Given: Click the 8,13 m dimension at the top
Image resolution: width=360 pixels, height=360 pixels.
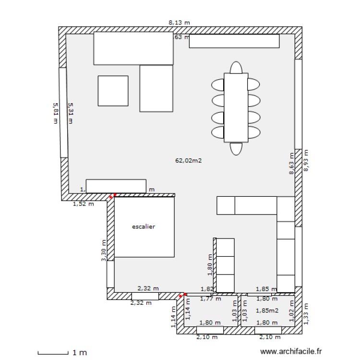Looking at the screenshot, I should pyautogui.click(x=179, y=22).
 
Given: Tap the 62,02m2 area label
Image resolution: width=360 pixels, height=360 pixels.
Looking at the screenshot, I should pyautogui.click(x=188, y=161).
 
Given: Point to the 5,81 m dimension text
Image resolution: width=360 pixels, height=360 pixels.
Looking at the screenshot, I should pyautogui.click(x=55, y=113).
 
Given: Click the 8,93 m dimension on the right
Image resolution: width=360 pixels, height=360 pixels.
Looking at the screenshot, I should pyautogui.click(x=306, y=160).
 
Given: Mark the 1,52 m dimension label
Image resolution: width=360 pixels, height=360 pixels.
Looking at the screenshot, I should pyautogui.click(x=83, y=204).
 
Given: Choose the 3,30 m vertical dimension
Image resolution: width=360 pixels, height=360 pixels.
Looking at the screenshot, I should pyautogui.click(x=103, y=251).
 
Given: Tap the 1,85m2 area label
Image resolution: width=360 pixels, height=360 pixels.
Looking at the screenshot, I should pyautogui.click(x=267, y=311).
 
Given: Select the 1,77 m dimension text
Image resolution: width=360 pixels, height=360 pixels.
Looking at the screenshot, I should pyautogui.click(x=210, y=299).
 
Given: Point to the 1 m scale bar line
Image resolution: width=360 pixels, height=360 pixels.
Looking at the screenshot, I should pyautogui.click(x=53, y=354).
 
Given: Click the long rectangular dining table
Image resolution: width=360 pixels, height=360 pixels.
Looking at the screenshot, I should pyautogui.click(x=236, y=108).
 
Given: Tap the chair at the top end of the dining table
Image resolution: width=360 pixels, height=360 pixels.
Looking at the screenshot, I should pyautogui.click(x=236, y=67).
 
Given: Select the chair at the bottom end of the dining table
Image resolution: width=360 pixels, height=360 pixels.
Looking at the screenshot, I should pyautogui.click(x=236, y=148).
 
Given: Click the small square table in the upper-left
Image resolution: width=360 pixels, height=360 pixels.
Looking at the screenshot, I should pyautogui.click(x=113, y=91).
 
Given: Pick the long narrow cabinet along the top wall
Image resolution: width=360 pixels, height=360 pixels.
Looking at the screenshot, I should pyautogui.click(x=234, y=41).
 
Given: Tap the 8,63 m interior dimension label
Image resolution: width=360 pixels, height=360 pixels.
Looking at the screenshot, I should pyautogui.click(x=291, y=164).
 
